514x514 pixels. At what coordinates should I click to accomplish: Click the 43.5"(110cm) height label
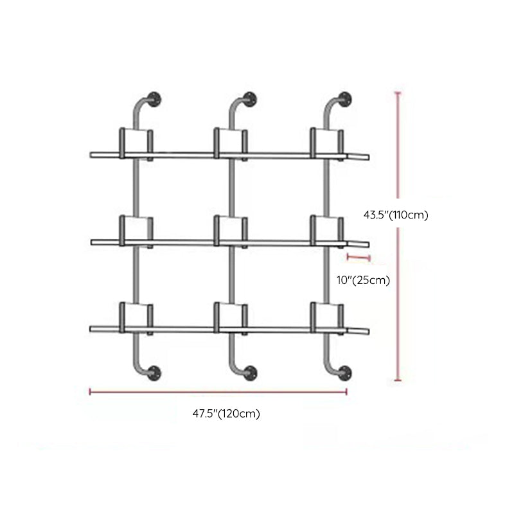click(x=396, y=215)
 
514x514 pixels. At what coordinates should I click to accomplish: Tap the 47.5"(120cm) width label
click(x=226, y=414)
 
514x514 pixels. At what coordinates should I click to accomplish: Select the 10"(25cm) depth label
click(x=363, y=280)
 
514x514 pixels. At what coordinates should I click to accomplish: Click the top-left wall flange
click(x=154, y=99)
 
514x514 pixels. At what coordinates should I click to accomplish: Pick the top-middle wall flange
click(x=250, y=99)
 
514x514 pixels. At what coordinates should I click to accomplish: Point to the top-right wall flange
click(x=344, y=99)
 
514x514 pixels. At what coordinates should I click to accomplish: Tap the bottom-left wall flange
click(x=154, y=373)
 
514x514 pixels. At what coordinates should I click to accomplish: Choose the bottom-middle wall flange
click(x=251, y=373)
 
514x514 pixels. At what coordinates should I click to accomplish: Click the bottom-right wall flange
click(x=344, y=373)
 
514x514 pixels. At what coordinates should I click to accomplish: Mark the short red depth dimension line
click(x=359, y=258)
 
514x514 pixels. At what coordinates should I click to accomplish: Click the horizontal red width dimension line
click(x=218, y=391)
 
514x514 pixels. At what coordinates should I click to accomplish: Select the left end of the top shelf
click(x=91, y=155)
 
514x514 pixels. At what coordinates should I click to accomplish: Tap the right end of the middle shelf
click(x=368, y=245)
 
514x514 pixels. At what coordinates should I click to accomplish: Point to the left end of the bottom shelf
click(x=91, y=329)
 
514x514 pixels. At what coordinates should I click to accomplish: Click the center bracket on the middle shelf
click(x=231, y=231)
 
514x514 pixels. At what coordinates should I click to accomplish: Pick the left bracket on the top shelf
click(x=136, y=144)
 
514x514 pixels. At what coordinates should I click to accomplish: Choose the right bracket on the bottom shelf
click(x=327, y=318)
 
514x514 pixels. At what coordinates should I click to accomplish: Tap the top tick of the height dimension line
click(x=398, y=93)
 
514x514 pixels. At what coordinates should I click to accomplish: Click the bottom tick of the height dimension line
click(x=398, y=380)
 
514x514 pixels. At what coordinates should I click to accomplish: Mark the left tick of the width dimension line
click(x=90, y=391)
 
